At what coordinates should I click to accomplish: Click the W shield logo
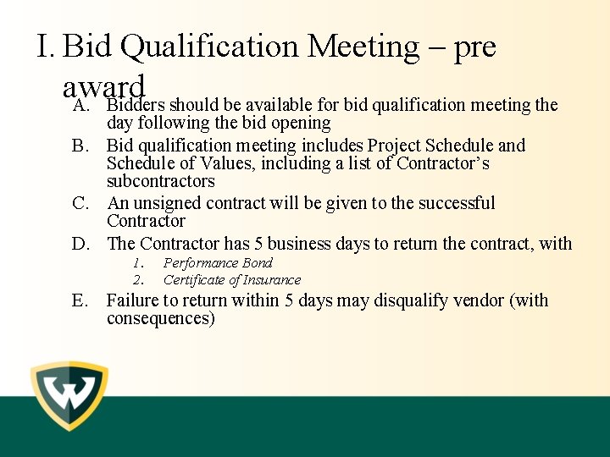[x=69, y=396]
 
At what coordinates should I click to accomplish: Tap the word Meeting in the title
[x=363, y=46]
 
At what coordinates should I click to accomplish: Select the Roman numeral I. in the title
[x=47, y=46]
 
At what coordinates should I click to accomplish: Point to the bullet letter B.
[x=80, y=146]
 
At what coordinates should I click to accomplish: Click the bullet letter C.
[x=80, y=203]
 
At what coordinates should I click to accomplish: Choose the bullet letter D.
[x=80, y=244]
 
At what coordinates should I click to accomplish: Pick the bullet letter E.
[x=80, y=300]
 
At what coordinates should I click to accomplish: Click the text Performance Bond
[x=218, y=263]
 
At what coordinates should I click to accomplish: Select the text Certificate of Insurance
[x=232, y=279]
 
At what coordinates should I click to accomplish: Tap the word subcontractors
[x=161, y=181]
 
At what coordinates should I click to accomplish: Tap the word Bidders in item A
[x=136, y=105]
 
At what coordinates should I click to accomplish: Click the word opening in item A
[x=298, y=123]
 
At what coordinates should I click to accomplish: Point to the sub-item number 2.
[x=139, y=279]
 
